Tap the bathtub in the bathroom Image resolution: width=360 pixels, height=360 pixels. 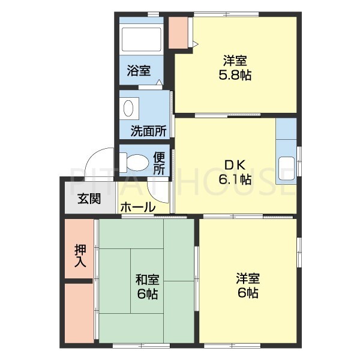pyautogui.click(x=141, y=39)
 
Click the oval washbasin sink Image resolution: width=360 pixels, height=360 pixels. pyautogui.click(x=128, y=108)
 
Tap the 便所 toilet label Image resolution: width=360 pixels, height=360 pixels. pyautogui.click(x=158, y=163)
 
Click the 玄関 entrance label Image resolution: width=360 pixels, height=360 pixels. pyautogui.click(x=88, y=200)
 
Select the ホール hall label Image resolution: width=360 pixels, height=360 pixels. pyautogui.click(x=137, y=207)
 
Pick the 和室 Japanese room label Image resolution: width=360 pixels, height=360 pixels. pyautogui.click(x=146, y=279)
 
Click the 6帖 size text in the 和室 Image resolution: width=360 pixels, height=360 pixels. pyautogui.click(x=146, y=294)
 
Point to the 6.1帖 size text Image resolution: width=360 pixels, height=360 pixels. pyautogui.click(x=233, y=179)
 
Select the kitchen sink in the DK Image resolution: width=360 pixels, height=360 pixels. pyautogui.click(x=286, y=164)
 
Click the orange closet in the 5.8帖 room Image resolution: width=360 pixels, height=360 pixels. pyautogui.click(x=178, y=33)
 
